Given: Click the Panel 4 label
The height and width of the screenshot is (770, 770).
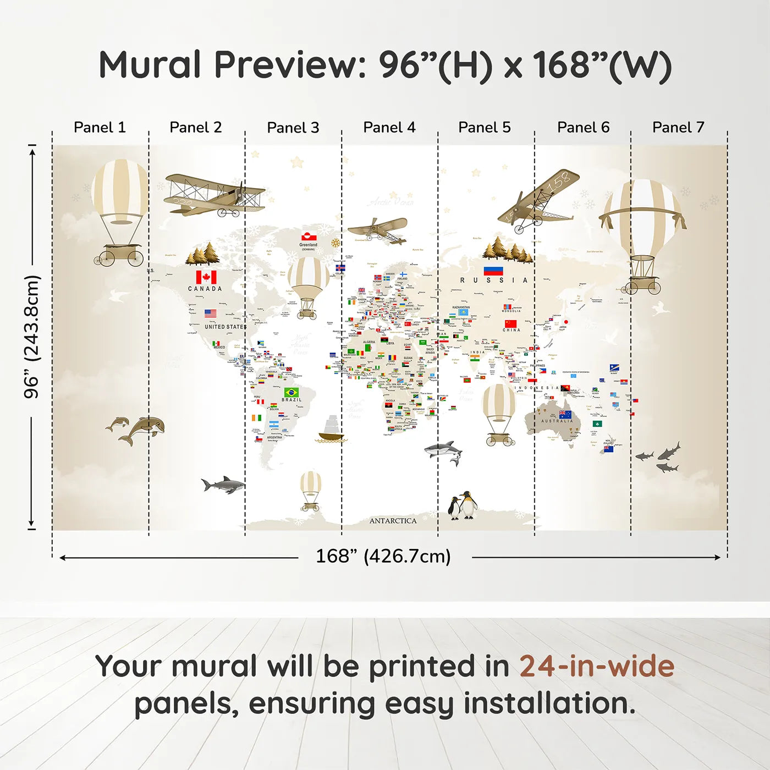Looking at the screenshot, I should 389,128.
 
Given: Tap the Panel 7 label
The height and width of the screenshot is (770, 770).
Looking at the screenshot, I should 678,128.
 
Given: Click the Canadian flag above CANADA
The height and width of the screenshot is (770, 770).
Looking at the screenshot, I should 206,277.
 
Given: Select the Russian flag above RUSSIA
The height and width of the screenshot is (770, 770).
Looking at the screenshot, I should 493,271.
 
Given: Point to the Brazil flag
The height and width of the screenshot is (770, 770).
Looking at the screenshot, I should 291,392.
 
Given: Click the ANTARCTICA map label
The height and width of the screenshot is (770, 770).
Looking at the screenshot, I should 393,521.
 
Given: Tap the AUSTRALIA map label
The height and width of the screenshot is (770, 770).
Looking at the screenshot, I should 557,421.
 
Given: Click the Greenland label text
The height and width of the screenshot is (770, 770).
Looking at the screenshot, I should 308,245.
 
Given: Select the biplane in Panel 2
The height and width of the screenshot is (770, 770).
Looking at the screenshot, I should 215,195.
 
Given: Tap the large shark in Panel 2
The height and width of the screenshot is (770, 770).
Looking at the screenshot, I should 223,485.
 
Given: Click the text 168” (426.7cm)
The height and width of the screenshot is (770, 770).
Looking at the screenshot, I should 383,556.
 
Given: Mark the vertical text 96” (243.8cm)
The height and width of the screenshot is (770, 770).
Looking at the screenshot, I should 32,337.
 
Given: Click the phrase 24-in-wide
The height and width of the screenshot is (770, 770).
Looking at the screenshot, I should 597,666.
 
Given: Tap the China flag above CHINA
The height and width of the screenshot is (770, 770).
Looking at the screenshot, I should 511,323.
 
